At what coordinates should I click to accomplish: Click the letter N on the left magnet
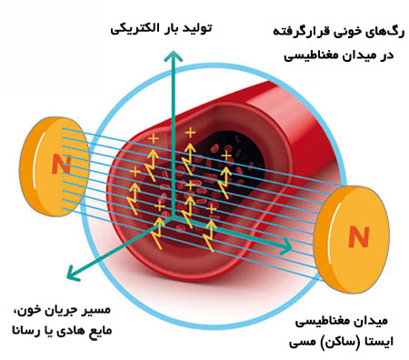[62, 165]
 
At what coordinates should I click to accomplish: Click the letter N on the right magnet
[359, 236]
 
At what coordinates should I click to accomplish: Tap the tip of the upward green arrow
[173, 51]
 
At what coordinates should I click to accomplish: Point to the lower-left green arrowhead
[74, 273]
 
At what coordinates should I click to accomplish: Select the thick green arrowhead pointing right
[285, 245]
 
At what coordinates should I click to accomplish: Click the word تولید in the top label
[197, 28]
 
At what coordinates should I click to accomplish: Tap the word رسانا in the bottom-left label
[25, 331]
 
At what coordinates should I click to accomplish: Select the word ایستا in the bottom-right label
[380, 342]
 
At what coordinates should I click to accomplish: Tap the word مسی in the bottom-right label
[302, 343]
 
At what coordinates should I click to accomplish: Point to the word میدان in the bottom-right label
[374, 321]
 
